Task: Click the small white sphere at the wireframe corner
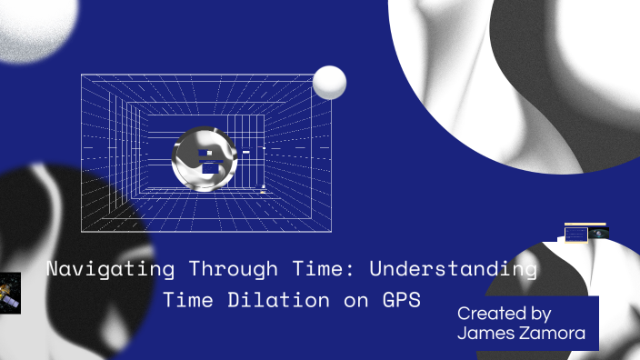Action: click(329, 84)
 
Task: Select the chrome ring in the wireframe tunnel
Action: click(204, 160)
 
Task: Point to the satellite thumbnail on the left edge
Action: click(10, 293)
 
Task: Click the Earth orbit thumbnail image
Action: click(597, 234)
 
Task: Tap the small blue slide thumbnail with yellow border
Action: click(575, 234)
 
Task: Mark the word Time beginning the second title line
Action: click(186, 299)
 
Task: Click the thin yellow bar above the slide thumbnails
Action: click(585, 224)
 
